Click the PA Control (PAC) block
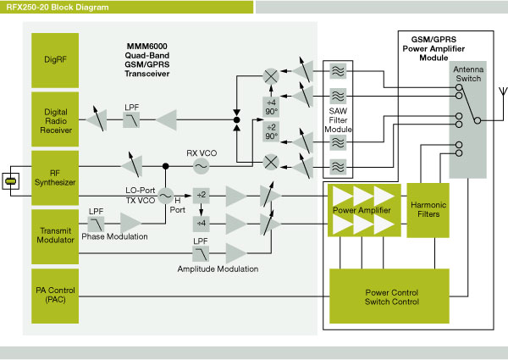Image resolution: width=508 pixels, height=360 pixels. point(55,296)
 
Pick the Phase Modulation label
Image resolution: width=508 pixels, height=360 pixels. point(115,236)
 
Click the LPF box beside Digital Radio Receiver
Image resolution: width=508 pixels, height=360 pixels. point(131,120)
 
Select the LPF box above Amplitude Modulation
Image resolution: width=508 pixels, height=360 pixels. point(201,253)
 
